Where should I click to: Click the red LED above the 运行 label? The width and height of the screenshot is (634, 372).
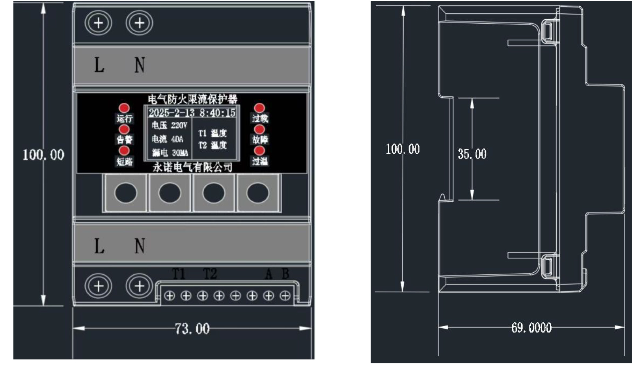tap(124, 108)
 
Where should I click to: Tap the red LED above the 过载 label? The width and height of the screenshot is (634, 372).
tap(259, 108)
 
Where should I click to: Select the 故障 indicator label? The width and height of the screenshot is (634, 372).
tap(260, 139)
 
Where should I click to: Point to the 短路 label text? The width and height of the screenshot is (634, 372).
tap(124, 161)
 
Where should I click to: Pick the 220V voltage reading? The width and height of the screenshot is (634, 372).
tap(179, 125)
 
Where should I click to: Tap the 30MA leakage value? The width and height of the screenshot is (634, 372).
tap(180, 153)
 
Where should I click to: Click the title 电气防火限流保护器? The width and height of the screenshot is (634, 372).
tap(192, 99)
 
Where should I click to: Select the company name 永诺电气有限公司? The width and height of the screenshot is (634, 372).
tap(192, 167)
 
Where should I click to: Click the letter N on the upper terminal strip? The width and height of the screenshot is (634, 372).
tap(140, 65)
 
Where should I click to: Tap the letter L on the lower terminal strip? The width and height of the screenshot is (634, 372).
tap(99, 246)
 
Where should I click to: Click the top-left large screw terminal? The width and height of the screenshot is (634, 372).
tap(98, 23)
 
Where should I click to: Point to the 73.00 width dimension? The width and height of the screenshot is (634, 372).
tap(192, 328)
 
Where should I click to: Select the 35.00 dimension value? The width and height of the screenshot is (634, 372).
tap(472, 154)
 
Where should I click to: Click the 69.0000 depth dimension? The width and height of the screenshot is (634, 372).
tap(531, 327)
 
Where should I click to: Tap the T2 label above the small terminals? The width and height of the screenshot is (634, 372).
tap(210, 273)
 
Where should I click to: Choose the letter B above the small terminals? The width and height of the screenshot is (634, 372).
tap(285, 273)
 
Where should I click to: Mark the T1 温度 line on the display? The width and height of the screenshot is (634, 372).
tap(213, 133)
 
